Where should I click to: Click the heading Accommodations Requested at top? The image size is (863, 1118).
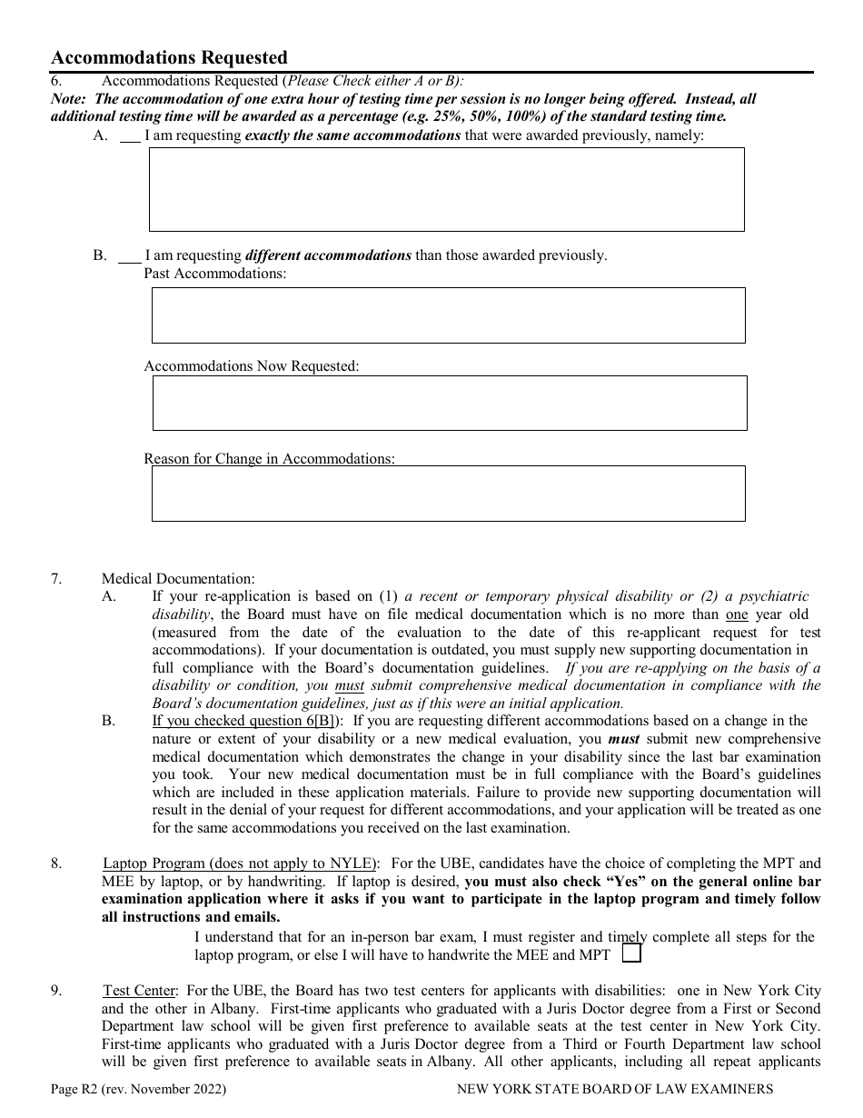tap(169, 58)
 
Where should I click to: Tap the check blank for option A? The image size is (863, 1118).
tap(131, 136)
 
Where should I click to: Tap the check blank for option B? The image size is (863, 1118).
tap(130, 256)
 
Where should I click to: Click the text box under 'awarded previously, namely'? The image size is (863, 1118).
tap(446, 189)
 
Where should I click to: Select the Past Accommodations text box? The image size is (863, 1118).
tap(448, 315)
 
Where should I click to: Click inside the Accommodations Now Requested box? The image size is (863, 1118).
tap(449, 403)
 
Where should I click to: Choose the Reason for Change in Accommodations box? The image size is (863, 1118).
tap(448, 494)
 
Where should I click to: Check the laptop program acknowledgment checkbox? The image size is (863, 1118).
tap(631, 953)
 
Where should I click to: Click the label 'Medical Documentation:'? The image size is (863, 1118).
tap(178, 579)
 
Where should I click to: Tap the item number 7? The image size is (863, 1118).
tap(55, 579)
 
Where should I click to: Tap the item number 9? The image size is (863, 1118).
tap(55, 991)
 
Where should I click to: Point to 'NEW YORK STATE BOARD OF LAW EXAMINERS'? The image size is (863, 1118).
tap(615, 1089)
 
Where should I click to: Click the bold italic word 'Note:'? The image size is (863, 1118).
tap(69, 99)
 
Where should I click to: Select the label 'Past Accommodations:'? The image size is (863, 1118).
tap(215, 274)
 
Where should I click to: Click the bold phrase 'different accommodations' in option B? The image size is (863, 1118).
tap(328, 255)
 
